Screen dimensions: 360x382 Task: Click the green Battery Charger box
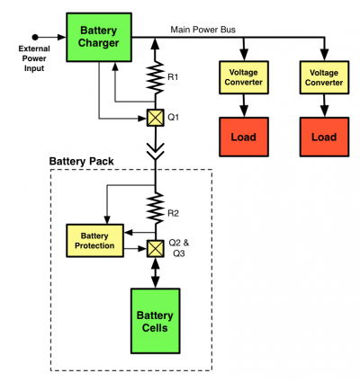tap(99, 37)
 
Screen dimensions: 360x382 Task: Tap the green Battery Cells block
tap(155, 321)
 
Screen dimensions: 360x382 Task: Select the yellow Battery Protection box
tap(94, 241)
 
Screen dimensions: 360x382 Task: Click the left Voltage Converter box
tap(244, 77)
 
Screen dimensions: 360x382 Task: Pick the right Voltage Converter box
tap(324, 77)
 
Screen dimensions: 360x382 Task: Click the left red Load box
tap(244, 137)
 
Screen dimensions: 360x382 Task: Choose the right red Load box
tap(324, 137)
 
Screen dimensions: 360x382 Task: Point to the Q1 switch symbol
tap(155, 118)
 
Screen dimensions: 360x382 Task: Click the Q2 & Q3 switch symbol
tap(155, 249)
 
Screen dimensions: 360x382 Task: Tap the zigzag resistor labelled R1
tap(155, 77)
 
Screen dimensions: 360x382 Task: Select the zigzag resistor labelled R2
tap(155, 209)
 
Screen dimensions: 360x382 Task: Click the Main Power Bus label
tap(203, 30)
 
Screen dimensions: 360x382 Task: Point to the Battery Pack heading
tap(81, 162)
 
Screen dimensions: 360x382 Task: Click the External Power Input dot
tap(35, 37)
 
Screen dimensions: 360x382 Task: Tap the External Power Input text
tap(34, 58)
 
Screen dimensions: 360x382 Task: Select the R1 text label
tap(173, 77)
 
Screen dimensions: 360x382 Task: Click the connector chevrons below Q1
tap(155, 151)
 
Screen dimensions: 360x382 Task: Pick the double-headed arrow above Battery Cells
tap(155, 273)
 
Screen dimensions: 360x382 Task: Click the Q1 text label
tap(173, 117)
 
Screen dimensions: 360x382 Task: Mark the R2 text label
tap(173, 214)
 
